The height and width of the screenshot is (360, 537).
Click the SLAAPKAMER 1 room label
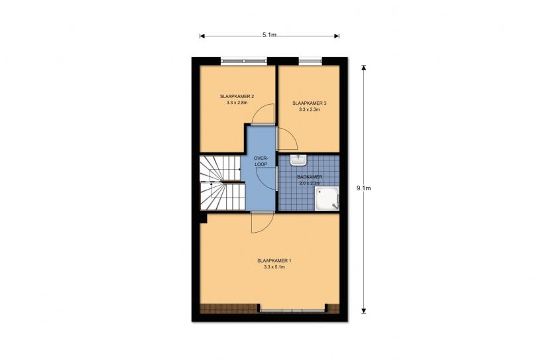coord(274,261)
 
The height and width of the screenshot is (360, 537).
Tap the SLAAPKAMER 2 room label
coord(237,97)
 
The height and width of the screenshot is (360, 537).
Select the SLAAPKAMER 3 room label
coord(309,103)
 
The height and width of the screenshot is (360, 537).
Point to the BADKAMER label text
coord(310,177)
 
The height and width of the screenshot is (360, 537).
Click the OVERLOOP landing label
coord(261,161)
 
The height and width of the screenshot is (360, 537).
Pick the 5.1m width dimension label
coord(270,34)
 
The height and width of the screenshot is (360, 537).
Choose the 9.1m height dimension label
coord(364,188)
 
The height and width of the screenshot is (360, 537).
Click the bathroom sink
coord(298,160)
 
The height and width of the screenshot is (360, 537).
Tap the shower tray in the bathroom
coord(327,198)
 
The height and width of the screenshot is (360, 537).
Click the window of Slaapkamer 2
coord(243,61)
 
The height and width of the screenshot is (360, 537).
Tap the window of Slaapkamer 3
coord(310,61)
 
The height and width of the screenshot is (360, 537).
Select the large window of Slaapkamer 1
coord(292,311)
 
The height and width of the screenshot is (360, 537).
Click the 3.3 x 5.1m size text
coord(274,267)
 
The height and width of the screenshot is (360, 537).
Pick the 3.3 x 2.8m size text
coord(237,102)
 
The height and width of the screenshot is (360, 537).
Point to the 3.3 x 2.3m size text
coord(309,109)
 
